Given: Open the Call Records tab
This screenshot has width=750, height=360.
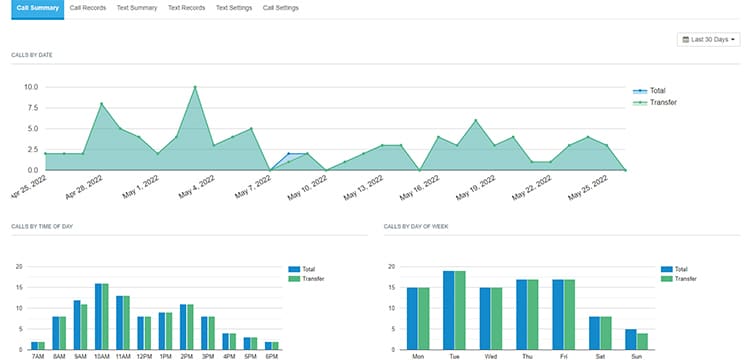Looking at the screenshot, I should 88,8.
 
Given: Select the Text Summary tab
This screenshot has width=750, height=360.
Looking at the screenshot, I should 136,8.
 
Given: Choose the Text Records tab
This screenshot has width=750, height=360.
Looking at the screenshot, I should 186,8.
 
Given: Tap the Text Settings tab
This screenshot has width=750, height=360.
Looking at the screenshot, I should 234,8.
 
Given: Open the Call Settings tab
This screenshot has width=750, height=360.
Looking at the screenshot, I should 280,8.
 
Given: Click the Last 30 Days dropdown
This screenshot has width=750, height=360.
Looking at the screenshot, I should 709,40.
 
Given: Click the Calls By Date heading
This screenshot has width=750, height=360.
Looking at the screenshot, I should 32,54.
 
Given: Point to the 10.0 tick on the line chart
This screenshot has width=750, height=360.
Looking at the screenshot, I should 31,87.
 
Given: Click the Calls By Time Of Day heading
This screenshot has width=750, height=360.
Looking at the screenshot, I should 42,227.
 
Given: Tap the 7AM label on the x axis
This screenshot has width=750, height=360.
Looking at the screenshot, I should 37,356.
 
